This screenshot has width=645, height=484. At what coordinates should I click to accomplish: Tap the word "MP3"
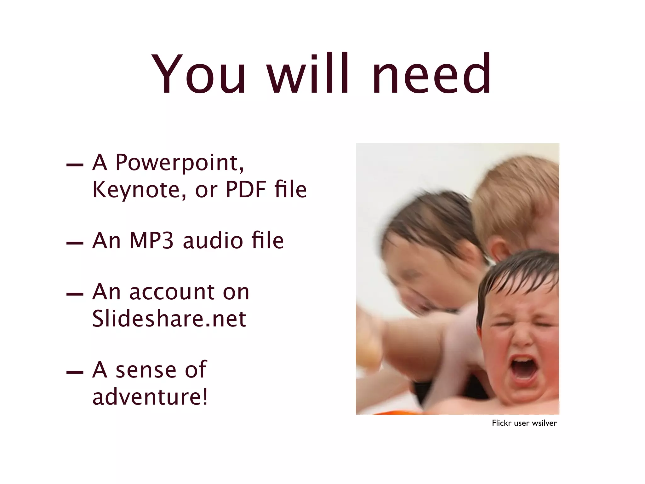pos(151,241)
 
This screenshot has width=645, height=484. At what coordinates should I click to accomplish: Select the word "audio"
pos(213,241)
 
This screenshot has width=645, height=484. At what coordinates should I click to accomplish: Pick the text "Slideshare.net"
pos(169,319)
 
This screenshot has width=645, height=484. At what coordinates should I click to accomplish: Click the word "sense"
pos(146,370)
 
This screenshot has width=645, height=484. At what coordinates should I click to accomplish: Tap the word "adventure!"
pos(150,397)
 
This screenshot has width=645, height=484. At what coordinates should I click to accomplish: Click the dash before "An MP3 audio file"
pos(75,243)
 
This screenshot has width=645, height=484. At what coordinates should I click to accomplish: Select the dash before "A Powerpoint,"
pos(75,165)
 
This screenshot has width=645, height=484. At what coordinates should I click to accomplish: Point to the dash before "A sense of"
pos(75,372)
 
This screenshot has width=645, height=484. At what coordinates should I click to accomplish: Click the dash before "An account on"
pos(75,294)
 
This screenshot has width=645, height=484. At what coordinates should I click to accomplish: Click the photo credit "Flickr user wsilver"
pos(524,423)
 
